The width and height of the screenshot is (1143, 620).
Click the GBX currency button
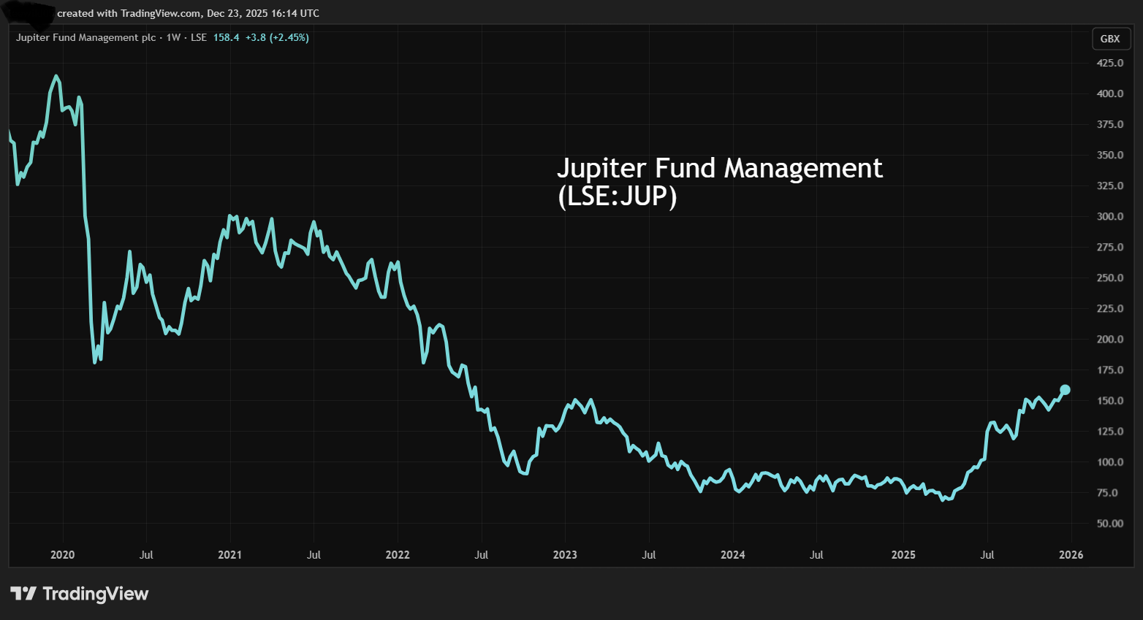[x=1109, y=39]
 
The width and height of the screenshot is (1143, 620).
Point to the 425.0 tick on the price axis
[x=1109, y=63]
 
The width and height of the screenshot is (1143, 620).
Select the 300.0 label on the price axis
[x=1109, y=216]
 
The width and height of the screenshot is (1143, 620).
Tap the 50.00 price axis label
[x=1109, y=524]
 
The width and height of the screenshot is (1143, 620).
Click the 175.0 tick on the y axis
[x=1109, y=370]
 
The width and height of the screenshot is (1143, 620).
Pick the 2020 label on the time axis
[x=62, y=555]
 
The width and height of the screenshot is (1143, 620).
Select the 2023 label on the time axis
[x=565, y=555]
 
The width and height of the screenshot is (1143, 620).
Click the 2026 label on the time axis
[x=1071, y=555]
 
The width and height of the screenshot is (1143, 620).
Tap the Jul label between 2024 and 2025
[x=816, y=555]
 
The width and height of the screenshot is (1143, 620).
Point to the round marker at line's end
[x=1065, y=390]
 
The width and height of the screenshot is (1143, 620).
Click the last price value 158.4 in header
[x=226, y=38]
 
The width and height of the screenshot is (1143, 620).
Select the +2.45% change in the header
[x=289, y=38]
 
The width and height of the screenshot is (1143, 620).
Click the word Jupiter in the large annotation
[x=601, y=169]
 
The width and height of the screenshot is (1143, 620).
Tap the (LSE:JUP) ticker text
[x=618, y=196]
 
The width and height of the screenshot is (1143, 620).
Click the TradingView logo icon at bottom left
[x=23, y=594]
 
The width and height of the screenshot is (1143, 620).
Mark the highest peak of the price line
[x=56, y=76]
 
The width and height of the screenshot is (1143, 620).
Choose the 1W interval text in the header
[x=173, y=38]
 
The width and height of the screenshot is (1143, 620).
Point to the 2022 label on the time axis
[x=398, y=555]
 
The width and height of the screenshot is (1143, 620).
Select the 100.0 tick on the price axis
[x=1109, y=462]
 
